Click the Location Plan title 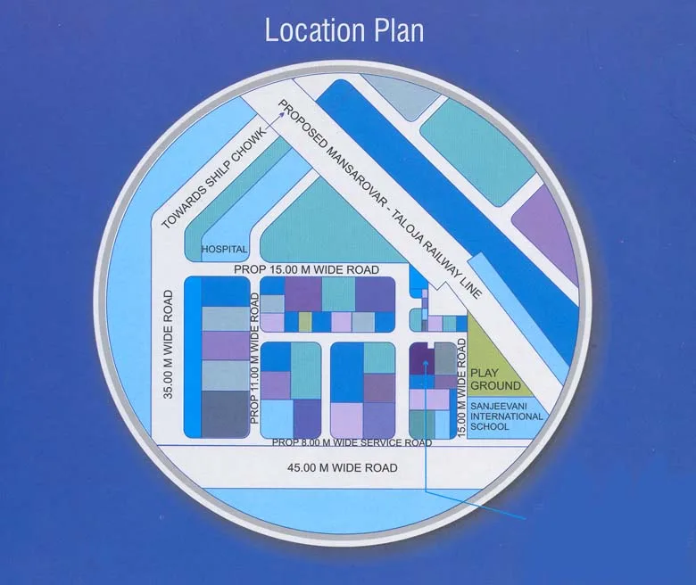tap(344, 29)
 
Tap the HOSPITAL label tap(223, 249)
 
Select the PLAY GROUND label tap(495, 379)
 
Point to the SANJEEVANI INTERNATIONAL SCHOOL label tap(507, 416)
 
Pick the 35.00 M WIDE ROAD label tap(169, 342)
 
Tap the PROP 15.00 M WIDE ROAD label tap(306, 268)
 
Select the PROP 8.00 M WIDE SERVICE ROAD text tap(352, 442)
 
